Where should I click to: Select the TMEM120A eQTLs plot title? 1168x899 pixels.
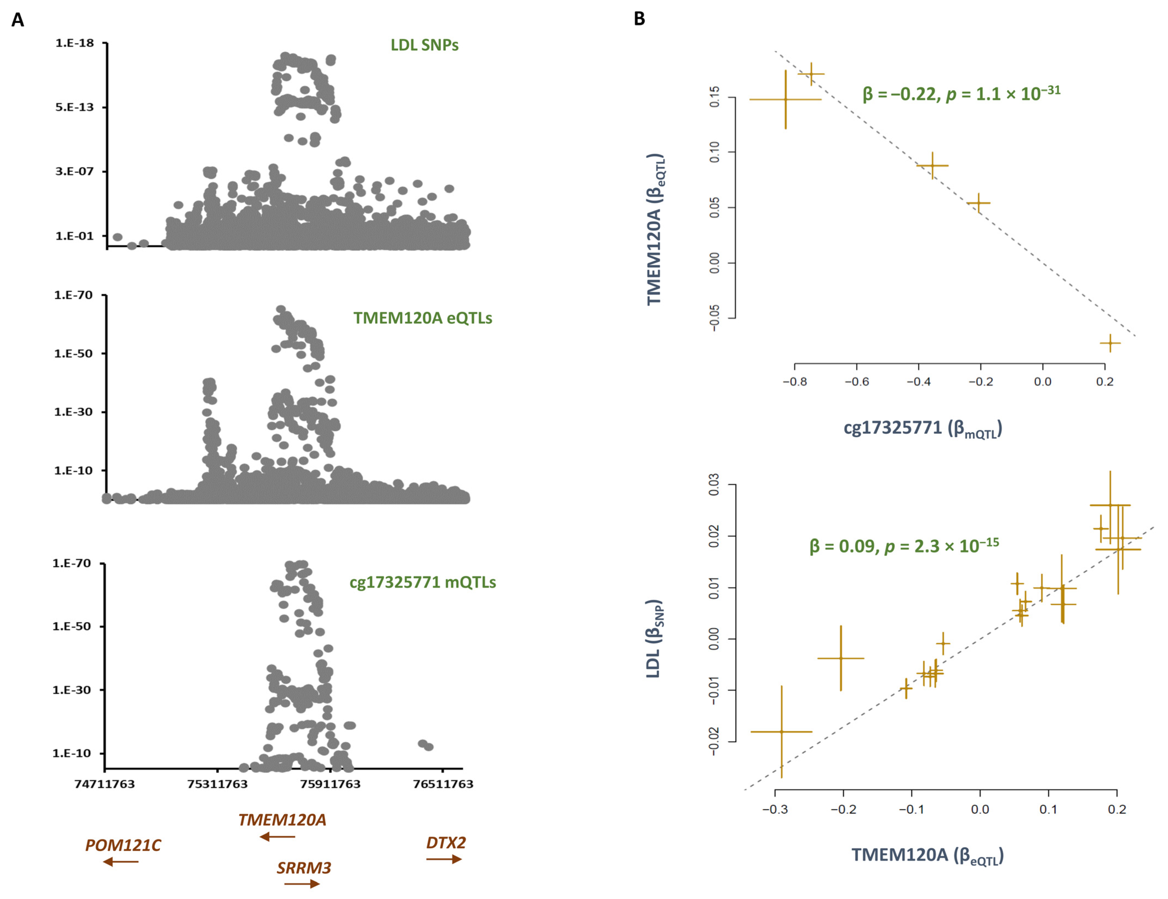[x=423, y=318]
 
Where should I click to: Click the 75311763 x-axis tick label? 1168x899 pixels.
[x=217, y=784]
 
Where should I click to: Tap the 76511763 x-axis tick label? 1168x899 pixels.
[x=443, y=784]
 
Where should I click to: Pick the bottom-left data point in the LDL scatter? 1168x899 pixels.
[x=781, y=732]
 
